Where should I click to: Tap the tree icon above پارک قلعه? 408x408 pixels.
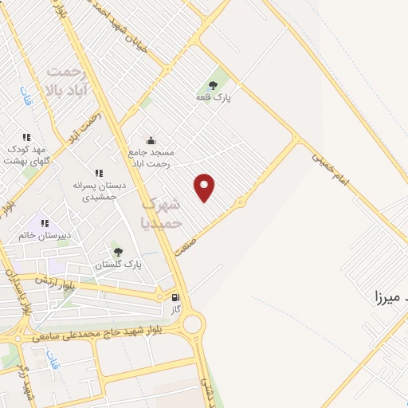click(213, 84)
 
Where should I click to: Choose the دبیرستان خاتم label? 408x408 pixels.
click(45, 236)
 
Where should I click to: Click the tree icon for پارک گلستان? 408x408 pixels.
click(119, 252)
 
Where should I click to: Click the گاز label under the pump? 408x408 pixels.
click(176, 308)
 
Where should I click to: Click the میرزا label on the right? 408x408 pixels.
click(390, 298)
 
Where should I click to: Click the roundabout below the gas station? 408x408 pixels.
click(191, 324)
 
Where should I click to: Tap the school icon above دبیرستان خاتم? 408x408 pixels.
click(45, 224)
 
